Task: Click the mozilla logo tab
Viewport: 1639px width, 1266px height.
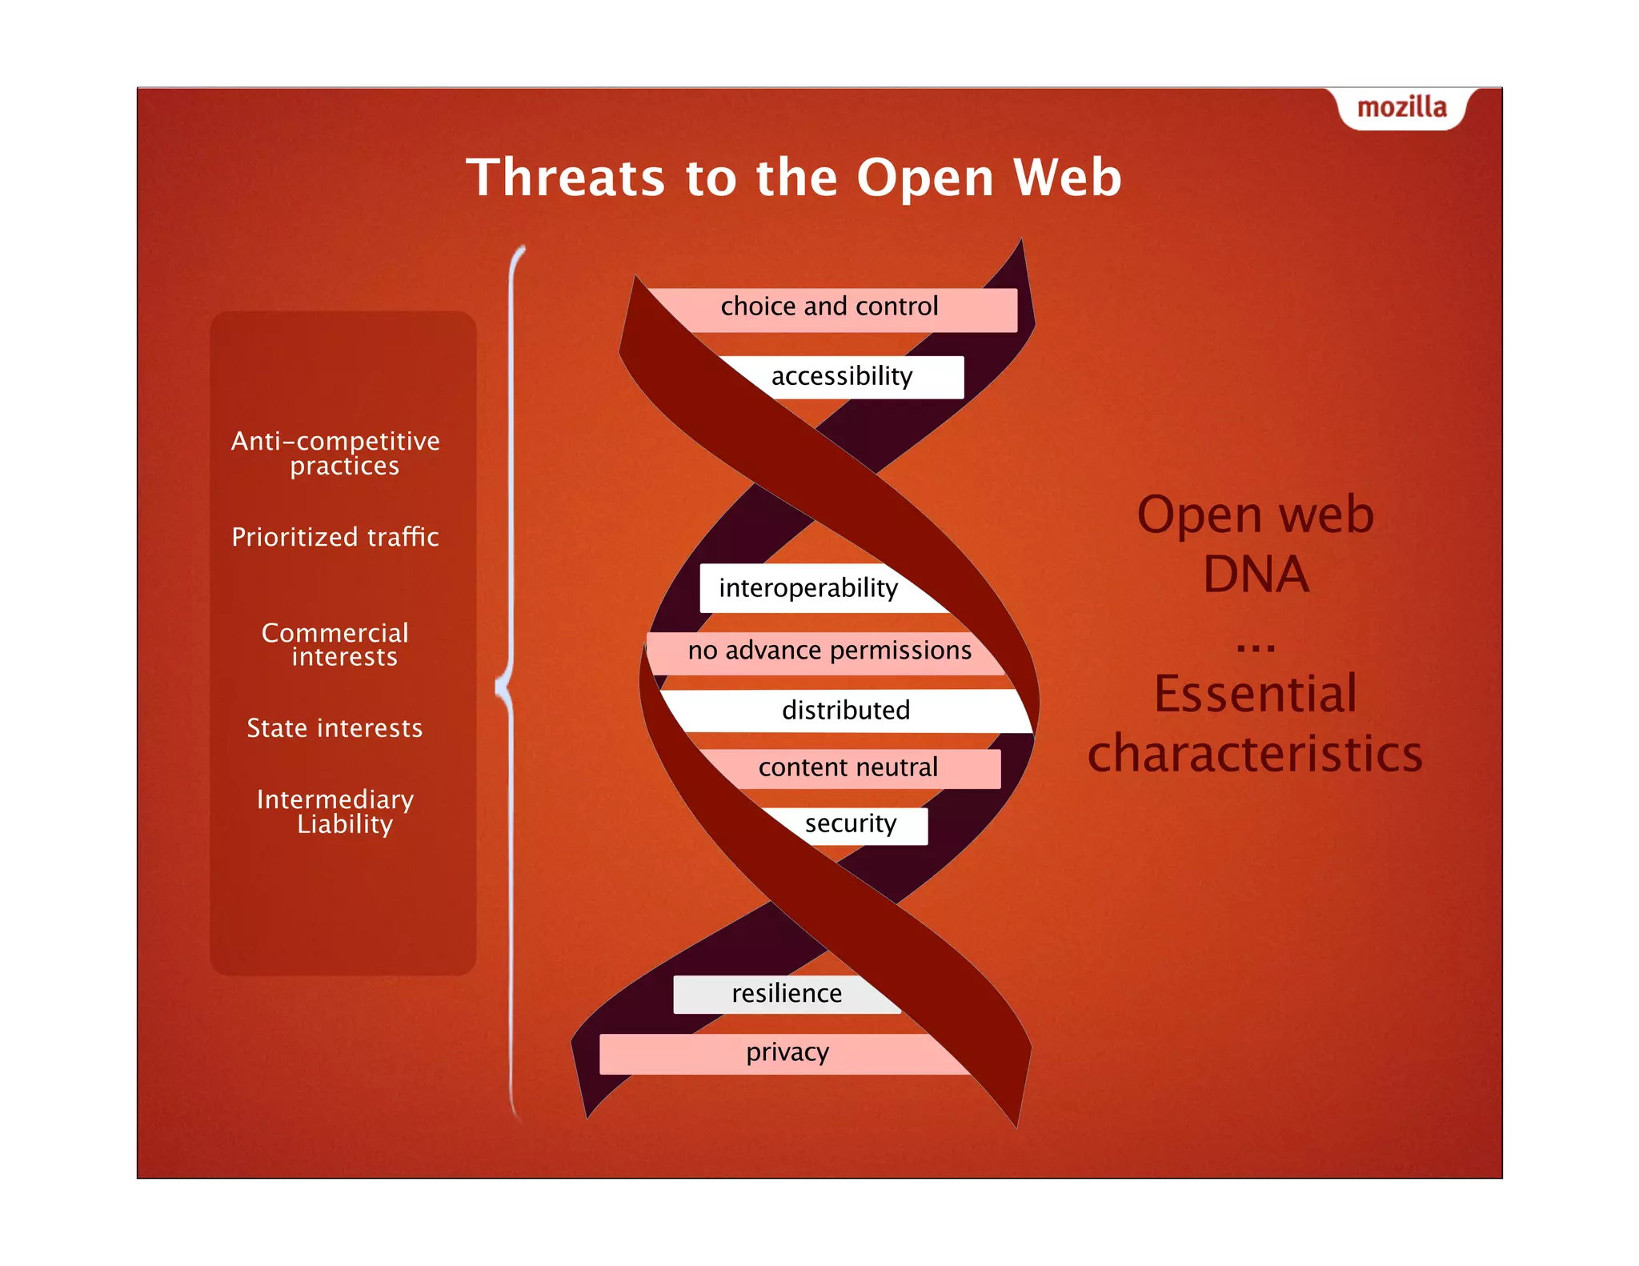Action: (x=1401, y=107)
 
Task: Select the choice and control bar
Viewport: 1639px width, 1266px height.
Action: (x=829, y=307)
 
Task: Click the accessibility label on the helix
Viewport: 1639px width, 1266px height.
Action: (x=842, y=376)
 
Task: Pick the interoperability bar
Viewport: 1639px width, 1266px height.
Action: (x=808, y=588)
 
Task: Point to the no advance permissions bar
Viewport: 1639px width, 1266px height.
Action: (x=829, y=651)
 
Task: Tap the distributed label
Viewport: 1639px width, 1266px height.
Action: (x=846, y=711)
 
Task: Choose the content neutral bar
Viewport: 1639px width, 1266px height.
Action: (x=848, y=767)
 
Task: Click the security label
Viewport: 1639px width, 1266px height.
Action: (x=851, y=824)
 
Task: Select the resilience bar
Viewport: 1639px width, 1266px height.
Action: (x=787, y=994)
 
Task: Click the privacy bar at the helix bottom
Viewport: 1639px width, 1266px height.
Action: (x=787, y=1052)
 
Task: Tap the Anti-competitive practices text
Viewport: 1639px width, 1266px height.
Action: (x=336, y=453)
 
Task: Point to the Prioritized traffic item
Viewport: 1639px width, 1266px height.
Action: (x=335, y=537)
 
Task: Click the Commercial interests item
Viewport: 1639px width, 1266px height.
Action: (x=335, y=644)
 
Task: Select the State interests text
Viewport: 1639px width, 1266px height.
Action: (x=335, y=728)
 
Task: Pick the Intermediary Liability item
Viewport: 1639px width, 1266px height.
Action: (x=335, y=811)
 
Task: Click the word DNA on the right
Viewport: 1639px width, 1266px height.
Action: (x=1256, y=575)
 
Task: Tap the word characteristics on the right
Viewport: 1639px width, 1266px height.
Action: (x=1255, y=754)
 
